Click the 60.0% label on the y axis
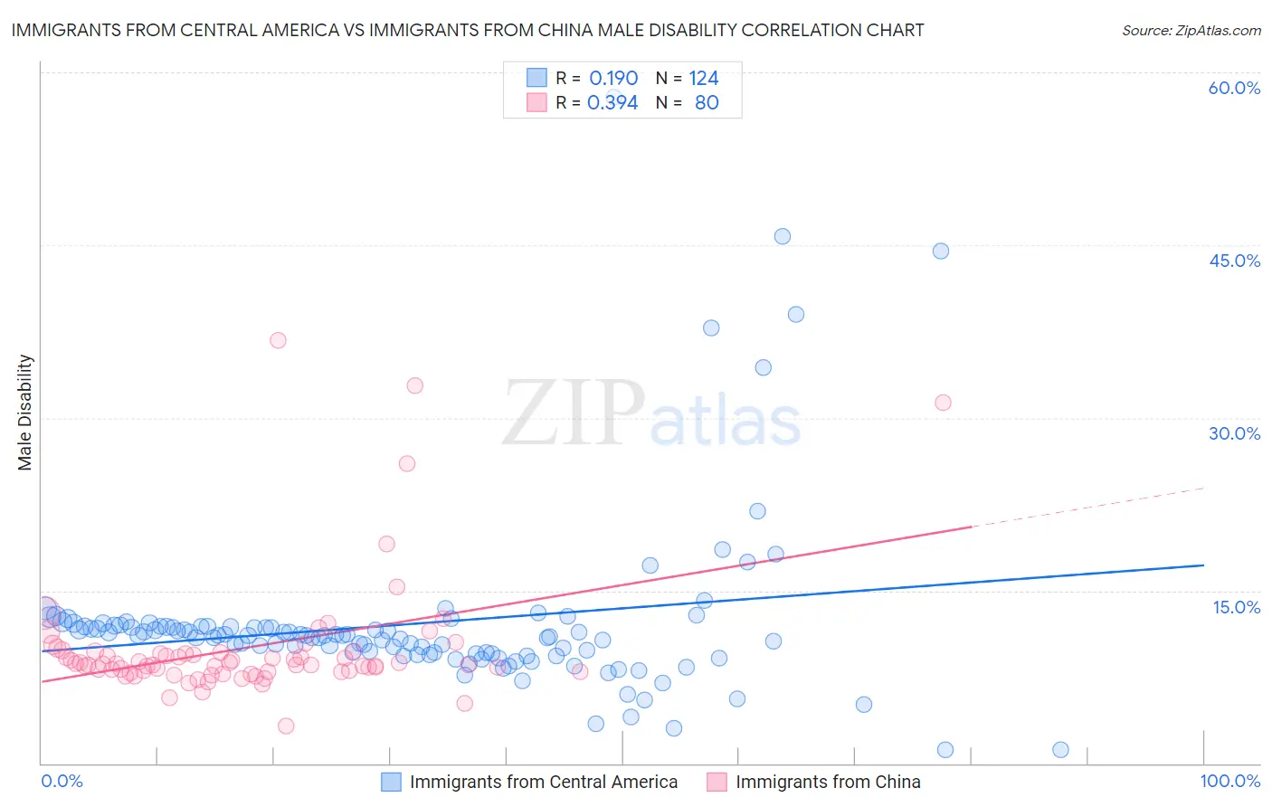[x=1234, y=88]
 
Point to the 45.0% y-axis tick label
[x=1234, y=261]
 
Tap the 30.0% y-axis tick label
[x=1234, y=433]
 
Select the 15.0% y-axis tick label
[x=1236, y=606]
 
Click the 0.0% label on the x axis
[x=62, y=781]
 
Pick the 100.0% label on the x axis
[x=1229, y=781]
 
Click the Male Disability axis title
[x=25, y=412]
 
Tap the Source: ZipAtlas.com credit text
[x=1191, y=30]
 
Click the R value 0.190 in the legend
[x=613, y=78]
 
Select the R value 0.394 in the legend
[x=612, y=102]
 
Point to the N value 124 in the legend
[x=703, y=78]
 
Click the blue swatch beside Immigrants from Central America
[x=391, y=782]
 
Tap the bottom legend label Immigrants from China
[x=828, y=782]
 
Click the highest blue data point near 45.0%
[x=783, y=236]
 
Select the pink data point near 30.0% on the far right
[x=943, y=403]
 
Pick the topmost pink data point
[x=278, y=340]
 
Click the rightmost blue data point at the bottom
[x=1061, y=749]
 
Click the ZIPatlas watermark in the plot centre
[x=651, y=414]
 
